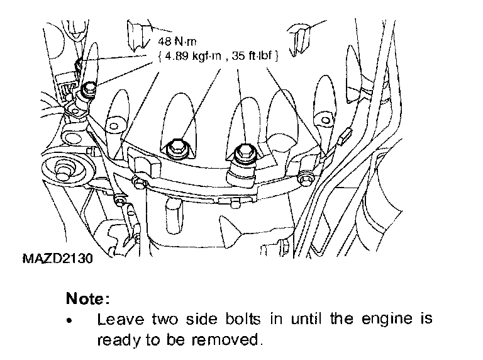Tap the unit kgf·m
[208, 55]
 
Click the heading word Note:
[88, 297]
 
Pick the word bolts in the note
[242, 318]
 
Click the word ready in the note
[117, 340]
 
